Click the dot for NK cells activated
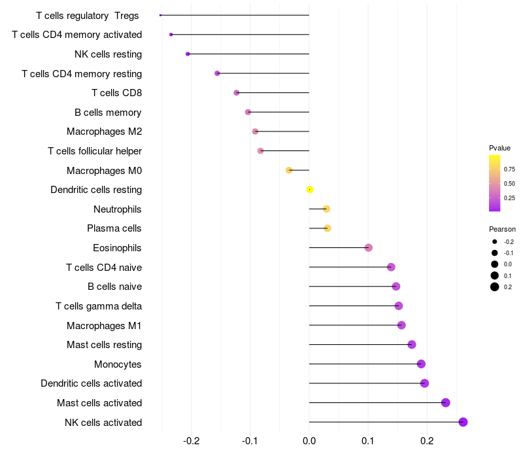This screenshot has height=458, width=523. [463, 422]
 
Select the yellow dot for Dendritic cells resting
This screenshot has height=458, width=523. [310, 190]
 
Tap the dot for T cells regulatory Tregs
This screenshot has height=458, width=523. [161, 15]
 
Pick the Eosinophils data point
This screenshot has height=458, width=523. [369, 248]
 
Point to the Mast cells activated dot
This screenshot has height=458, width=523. [446, 402]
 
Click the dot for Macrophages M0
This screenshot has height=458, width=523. [289, 171]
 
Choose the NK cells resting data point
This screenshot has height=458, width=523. [188, 54]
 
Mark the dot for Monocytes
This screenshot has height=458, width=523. [421, 364]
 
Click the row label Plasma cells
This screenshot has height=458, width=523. [114, 228]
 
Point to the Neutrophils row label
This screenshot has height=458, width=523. [118, 209]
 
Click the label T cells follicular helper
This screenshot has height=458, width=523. [95, 151]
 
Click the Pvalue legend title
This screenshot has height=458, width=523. [499, 148]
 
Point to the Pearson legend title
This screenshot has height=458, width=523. [502, 230]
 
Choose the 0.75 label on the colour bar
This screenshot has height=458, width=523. [509, 169]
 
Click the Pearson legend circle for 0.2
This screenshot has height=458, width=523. [495, 287]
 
